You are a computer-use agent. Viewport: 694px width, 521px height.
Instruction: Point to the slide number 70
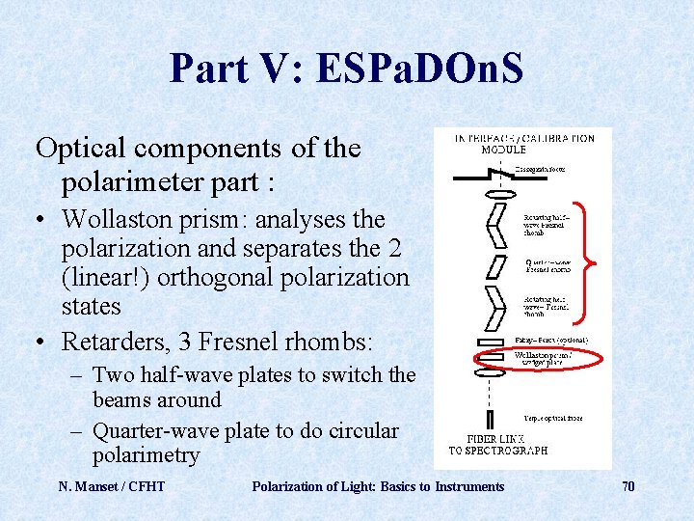[627, 486]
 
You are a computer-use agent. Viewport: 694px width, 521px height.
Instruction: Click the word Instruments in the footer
[469, 486]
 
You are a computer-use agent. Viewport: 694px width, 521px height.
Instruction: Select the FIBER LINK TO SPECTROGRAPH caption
[497, 445]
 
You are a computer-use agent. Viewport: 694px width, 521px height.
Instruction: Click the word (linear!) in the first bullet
[104, 278]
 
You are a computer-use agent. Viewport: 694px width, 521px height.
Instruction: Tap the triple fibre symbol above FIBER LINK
[491, 419]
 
